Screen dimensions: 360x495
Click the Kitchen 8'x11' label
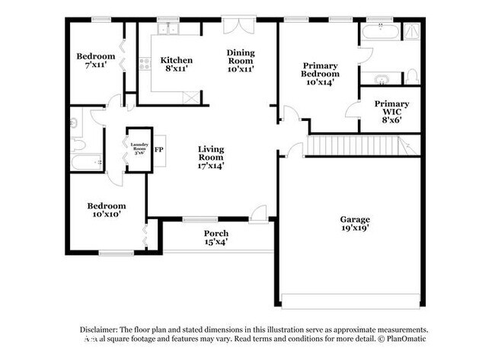tap(175, 64)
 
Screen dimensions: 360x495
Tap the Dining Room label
tap(240, 60)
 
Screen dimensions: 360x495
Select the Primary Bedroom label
tap(319, 74)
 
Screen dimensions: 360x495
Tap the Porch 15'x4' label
tap(216, 237)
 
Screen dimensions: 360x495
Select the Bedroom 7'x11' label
tap(95, 60)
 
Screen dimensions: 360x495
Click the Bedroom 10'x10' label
tap(104, 209)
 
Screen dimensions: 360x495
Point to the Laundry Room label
tap(139, 149)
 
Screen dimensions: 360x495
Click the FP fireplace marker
tap(159, 149)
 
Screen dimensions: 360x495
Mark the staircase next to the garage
tap(358, 145)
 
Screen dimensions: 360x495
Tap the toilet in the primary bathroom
tap(411, 76)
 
